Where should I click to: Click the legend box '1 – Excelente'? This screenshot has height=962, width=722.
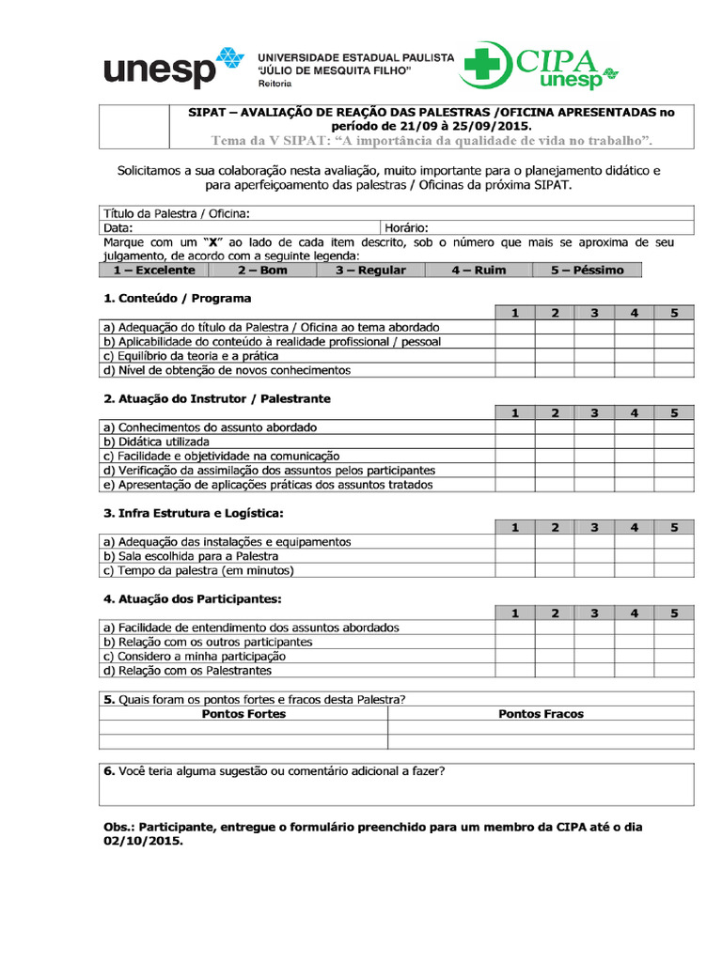[154, 271]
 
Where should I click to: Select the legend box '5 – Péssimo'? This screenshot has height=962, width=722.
[588, 271]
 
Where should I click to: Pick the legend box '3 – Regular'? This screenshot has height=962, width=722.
[370, 271]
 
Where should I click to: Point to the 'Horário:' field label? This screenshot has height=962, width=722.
[406, 227]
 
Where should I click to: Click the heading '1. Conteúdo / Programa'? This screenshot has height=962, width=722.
[177, 298]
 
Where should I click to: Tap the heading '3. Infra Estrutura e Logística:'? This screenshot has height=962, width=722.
[193, 513]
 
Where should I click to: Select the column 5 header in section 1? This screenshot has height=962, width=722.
[674, 313]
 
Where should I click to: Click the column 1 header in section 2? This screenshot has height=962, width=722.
[514, 412]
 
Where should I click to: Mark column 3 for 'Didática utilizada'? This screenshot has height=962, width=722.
[594, 442]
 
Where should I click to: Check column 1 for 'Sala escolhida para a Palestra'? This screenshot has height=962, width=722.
[514, 556]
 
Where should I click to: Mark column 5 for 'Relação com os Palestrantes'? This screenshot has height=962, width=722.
[674, 671]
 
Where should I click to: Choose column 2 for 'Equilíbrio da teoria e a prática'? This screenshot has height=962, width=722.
[555, 356]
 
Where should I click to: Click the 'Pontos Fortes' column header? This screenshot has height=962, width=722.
[243, 714]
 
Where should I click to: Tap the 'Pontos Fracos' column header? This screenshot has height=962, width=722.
[541, 714]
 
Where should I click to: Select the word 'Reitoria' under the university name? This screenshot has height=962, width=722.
[275, 84]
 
